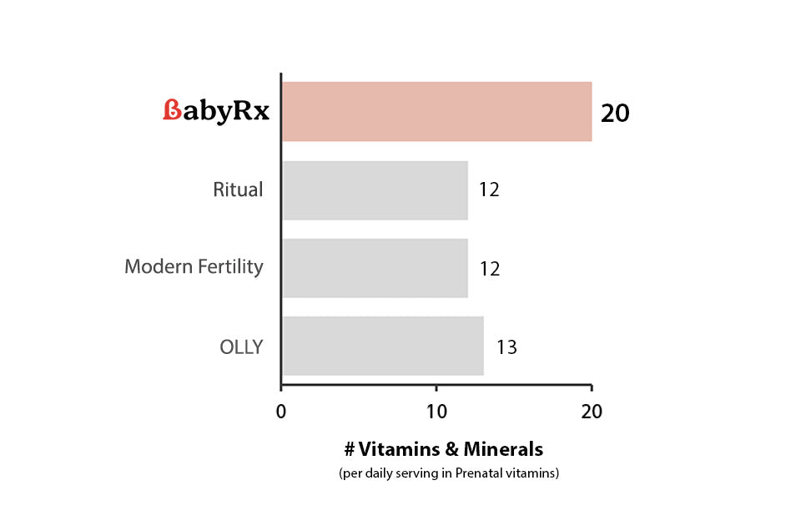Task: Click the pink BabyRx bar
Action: (436, 111)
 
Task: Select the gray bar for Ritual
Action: (375, 190)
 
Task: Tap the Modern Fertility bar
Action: (375, 268)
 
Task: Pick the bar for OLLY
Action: (382, 346)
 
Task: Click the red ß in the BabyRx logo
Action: (171, 111)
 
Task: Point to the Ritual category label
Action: (238, 190)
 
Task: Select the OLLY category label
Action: (240, 346)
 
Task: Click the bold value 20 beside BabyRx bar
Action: (615, 113)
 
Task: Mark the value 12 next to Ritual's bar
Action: (489, 190)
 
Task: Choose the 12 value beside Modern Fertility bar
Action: (489, 269)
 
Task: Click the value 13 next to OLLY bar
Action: (506, 346)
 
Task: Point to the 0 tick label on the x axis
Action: (281, 412)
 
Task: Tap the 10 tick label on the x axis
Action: (436, 412)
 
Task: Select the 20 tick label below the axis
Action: (591, 412)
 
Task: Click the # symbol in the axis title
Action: (350, 449)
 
